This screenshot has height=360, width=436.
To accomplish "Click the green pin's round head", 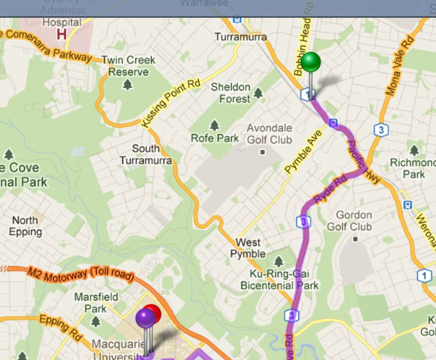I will [311, 62].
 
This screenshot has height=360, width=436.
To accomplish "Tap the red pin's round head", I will [152, 313].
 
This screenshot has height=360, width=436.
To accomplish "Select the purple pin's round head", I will [145, 318].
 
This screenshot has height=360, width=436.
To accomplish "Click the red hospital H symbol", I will [61, 34].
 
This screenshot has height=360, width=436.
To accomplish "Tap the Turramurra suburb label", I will [241, 37].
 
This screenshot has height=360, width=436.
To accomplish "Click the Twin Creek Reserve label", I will [128, 66].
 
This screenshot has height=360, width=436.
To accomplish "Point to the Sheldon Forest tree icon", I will [258, 93].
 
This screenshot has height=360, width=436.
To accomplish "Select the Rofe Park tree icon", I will [214, 125].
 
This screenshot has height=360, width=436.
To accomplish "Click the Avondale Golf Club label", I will [270, 134].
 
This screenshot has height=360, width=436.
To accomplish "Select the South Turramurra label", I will [145, 154].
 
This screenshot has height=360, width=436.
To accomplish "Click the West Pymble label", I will [248, 248].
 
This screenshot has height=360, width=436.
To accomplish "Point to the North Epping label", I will [25, 226].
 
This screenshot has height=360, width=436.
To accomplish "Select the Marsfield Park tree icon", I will [96, 321].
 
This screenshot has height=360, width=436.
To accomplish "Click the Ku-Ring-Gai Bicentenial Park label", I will [280, 279].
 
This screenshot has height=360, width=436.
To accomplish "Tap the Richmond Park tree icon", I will [414, 151].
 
